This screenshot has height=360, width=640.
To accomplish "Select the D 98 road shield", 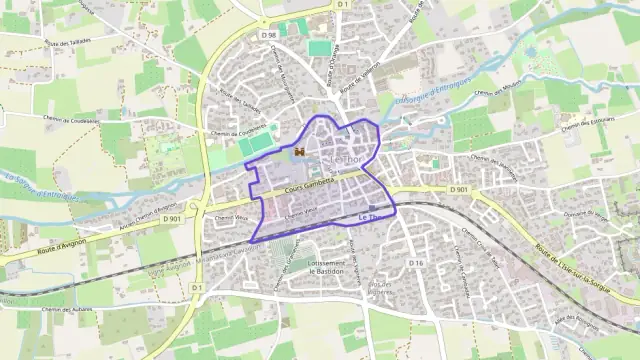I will coord(268,36).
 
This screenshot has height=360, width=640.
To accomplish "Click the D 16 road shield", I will coord(417,263).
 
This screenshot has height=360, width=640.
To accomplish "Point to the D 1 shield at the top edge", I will coord(342,5).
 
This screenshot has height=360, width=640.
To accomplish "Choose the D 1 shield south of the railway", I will coord(197,288).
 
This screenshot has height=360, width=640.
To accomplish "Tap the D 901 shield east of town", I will coord(458,189).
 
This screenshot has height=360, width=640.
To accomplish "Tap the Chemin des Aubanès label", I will coord(68,311).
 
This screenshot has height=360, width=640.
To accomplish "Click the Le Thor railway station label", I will coord(367,217).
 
